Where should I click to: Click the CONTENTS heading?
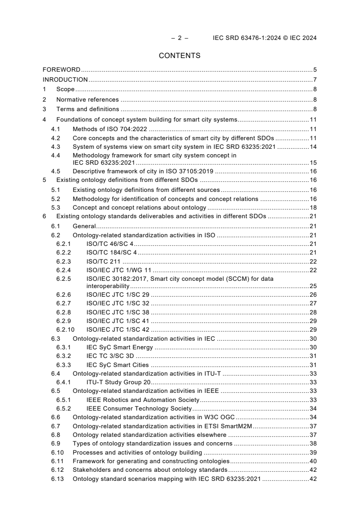pyautogui.click(x=179, y=56)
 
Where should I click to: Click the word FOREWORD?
pyautogui.click(x=61, y=70)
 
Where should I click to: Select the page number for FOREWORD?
pyautogui.click(x=315, y=70)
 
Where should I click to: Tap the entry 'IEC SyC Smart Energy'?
pyautogui.click(x=120, y=347)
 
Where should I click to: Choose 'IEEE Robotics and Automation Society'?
pyautogui.click(x=143, y=400)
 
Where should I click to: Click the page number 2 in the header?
pyautogui.click(x=179, y=38)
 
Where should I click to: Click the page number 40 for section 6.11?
pyautogui.click(x=313, y=461)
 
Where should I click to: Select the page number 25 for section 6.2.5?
pyautogui.click(x=313, y=286)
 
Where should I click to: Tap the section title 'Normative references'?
pyautogui.click(x=87, y=99)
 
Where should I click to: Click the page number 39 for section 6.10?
pyautogui.click(x=313, y=452)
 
